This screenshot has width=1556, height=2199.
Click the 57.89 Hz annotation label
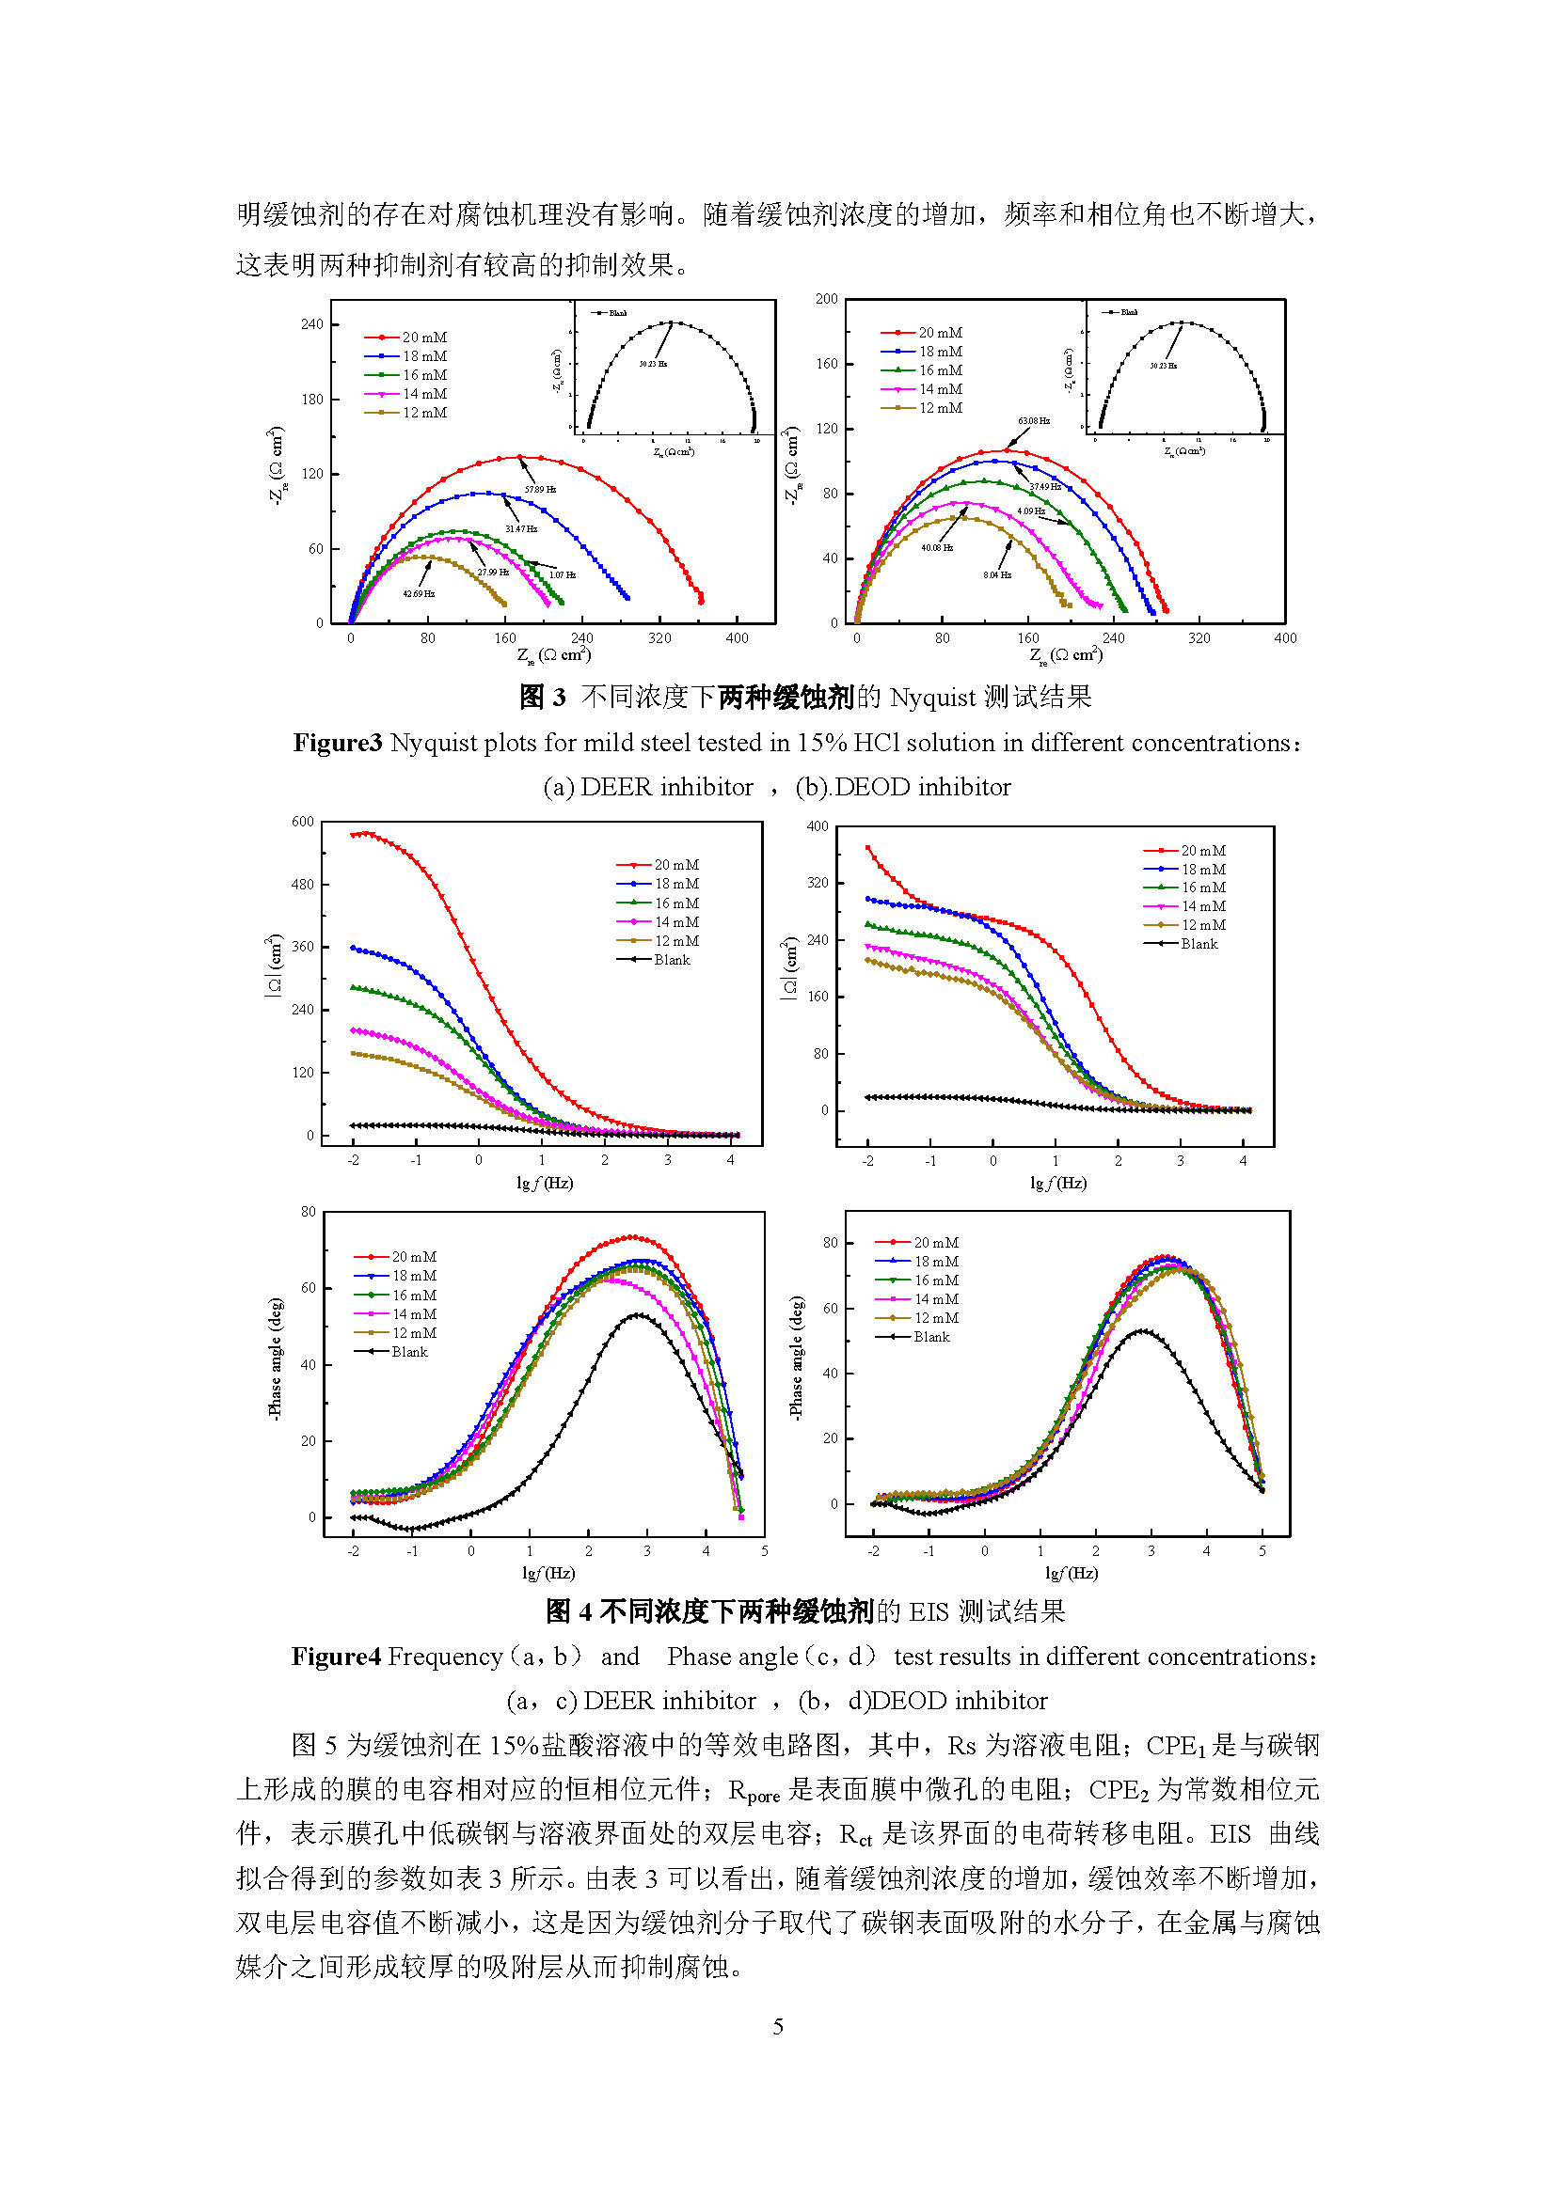tap(540, 490)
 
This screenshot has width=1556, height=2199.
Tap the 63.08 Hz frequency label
tap(1034, 421)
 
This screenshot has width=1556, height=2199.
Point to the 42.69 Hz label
tap(419, 594)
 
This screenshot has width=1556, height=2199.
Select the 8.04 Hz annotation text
tap(996, 574)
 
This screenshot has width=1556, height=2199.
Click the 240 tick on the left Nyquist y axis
tap(312, 324)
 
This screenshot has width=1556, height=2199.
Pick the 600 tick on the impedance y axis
tap(303, 822)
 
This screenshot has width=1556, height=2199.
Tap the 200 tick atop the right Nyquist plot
tap(827, 299)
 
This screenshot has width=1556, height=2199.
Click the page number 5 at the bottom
tap(778, 2026)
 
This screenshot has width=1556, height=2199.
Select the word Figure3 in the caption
tap(338, 744)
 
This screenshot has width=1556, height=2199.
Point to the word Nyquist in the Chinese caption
tap(932, 698)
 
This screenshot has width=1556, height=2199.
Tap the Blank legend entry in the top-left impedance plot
tap(672, 960)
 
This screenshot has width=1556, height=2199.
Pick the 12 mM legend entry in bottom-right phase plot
tap(936, 1318)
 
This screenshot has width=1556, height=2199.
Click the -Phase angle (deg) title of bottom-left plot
tap(276, 1359)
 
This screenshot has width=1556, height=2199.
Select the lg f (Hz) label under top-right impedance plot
tap(1057, 1183)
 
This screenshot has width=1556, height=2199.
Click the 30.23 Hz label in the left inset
tap(654, 364)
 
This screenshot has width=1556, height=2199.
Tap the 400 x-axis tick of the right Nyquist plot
tap(1285, 637)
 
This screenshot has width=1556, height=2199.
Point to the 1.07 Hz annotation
tap(562, 574)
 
